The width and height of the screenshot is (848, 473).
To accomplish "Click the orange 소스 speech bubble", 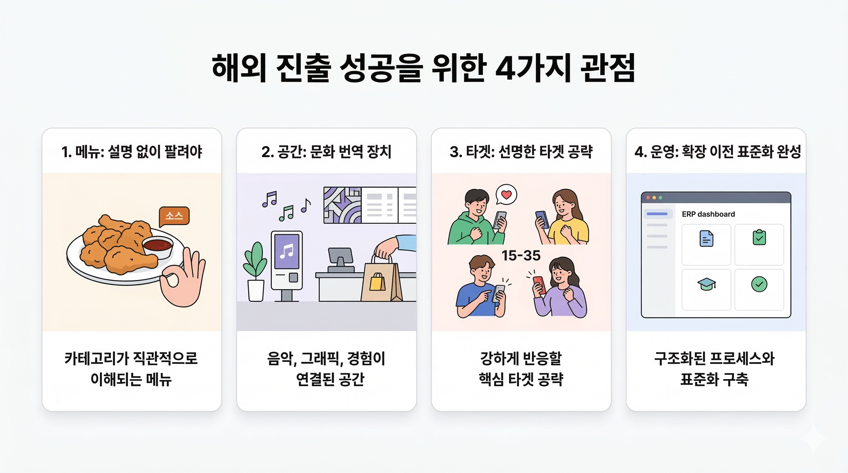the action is (174, 216).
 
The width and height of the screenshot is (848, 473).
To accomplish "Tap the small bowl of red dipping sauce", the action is (158, 247).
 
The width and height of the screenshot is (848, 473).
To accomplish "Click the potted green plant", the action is (255, 272).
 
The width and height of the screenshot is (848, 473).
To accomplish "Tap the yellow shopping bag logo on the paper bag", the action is (377, 282).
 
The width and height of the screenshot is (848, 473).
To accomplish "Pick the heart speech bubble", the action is (506, 195).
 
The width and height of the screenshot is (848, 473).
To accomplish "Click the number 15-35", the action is (521, 256).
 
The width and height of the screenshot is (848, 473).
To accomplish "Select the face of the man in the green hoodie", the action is (478, 206).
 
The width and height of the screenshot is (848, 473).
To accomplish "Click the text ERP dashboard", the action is (708, 214).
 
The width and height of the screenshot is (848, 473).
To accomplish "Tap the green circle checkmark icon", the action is (759, 284).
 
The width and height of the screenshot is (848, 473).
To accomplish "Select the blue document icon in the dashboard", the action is (706, 238).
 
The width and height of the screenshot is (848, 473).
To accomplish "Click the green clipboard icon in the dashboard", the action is (759, 237).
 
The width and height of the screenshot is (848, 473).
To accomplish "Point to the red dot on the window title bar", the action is (648, 198).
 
